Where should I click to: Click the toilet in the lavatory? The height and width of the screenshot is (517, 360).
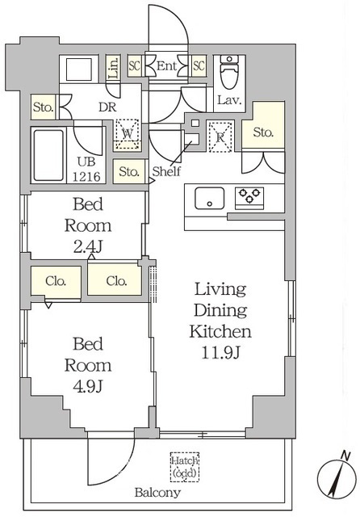pyautogui.click(x=229, y=72)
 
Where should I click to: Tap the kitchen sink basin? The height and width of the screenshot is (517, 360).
pyautogui.click(x=210, y=198)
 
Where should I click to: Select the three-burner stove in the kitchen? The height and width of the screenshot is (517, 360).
pyautogui.click(x=249, y=198)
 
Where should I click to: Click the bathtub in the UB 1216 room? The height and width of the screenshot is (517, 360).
pyautogui.click(x=48, y=155)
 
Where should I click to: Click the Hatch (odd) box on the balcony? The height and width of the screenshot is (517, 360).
pyautogui.click(x=185, y=467)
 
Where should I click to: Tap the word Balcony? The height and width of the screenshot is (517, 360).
pyautogui.click(x=157, y=493)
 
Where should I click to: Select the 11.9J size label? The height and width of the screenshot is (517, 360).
pyautogui.click(x=220, y=353)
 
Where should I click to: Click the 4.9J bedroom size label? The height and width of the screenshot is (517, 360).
pyautogui.click(x=88, y=386)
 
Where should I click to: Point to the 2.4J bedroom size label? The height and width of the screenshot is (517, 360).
pyautogui.click(x=88, y=246)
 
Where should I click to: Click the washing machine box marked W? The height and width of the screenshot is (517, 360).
pyautogui.click(x=128, y=134)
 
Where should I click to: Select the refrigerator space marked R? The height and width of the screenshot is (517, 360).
pyautogui.click(x=220, y=137)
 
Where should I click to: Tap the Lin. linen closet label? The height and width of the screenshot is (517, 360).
pyautogui.click(x=113, y=69)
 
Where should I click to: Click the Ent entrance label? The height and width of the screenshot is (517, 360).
pyautogui.click(x=166, y=66)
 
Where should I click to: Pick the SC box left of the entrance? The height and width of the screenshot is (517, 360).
pyautogui.click(x=134, y=66)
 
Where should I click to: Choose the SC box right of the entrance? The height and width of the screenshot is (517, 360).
pyautogui.click(x=199, y=66)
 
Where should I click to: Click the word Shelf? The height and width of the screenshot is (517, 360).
pyautogui.click(x=166, y=171)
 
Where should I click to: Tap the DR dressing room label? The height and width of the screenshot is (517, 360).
pyautogui.click(x=107, y=107)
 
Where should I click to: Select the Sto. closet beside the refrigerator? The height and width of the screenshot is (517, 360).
pyautogui.click(x=263, y=125)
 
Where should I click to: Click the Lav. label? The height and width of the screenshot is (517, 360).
pyautogui.click(x=229, y=100)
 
